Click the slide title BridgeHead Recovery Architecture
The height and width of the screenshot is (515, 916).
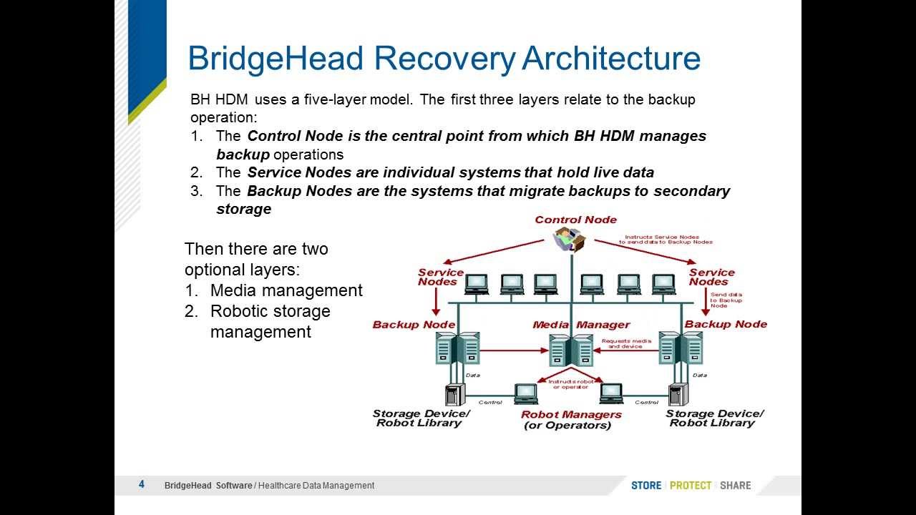(x=444, y=58)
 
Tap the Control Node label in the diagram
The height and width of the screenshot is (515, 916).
(x=575, y=220)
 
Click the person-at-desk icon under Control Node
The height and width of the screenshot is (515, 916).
(x=571, y=239)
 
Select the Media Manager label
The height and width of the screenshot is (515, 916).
(x=581, y=325)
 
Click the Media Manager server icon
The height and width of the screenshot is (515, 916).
(x=571, y=350)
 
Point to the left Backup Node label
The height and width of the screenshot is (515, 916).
(x=414, y=325)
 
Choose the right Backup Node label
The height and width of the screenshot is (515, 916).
(x=726, y=324)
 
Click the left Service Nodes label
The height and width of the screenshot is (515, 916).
(x=441, y=277)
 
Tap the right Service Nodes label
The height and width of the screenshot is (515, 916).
(x=711, y=277)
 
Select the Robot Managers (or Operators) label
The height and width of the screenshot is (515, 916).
(x=570, y=420)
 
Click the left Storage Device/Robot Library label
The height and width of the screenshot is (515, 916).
(x=421, y=418)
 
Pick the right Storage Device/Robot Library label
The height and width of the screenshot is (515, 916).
(x=714, y=418)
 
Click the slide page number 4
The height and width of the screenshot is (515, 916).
(x=142, y=484)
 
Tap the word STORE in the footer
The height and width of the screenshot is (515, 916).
(x=646, y=485)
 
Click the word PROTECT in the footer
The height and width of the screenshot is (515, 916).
(x=691, y=485)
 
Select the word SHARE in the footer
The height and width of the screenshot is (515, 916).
(x=736, y=485)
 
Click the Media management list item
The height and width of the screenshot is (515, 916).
(x=286, y=290)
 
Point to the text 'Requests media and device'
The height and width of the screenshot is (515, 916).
(x=626, y=344)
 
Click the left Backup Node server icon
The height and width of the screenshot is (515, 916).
(x=457, y=348)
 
